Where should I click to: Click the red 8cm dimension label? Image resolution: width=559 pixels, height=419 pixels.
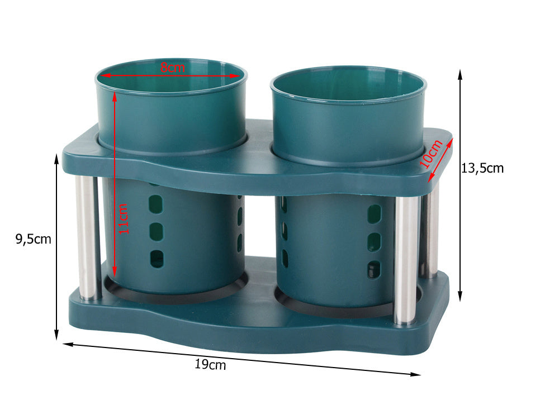[173, 67]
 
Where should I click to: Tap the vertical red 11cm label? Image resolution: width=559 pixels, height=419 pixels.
[123, 219]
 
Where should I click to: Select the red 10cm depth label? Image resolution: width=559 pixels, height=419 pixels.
[431, 154]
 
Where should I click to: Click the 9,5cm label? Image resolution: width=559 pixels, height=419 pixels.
[34, 239]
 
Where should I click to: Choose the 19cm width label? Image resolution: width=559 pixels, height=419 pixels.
[210, 364]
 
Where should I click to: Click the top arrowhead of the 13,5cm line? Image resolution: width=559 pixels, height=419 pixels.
[460, 74]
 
